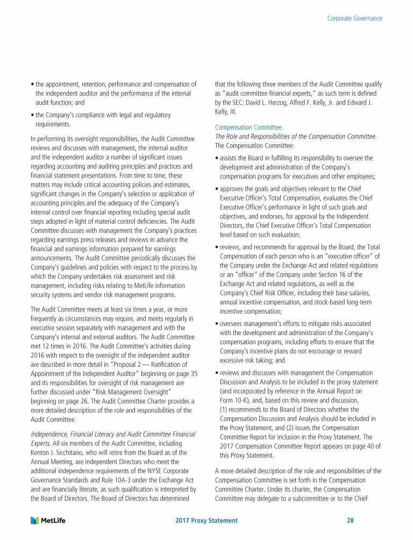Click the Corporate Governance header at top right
click(354, 18)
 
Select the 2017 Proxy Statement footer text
click(206, 521)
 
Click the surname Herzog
click(282, 102)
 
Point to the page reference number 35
click(194, 373)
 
